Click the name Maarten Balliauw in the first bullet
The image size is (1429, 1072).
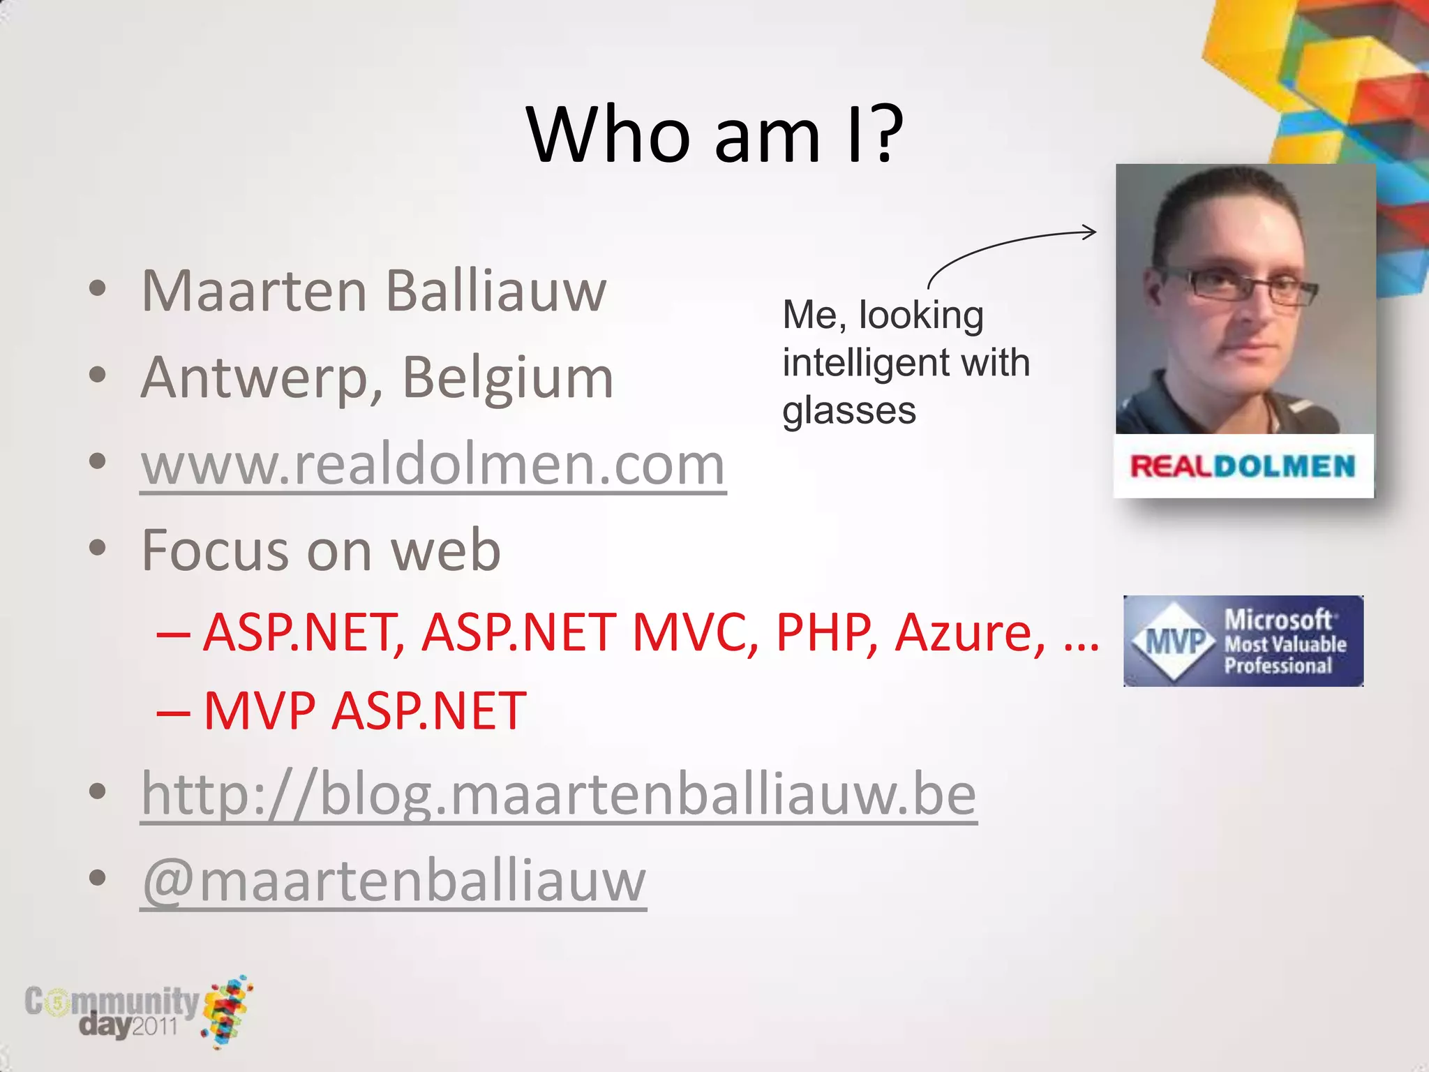click(x=374, y=291)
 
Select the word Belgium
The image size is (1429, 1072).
click(x=507, y=378)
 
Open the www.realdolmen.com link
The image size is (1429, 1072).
click(x=433, y=465)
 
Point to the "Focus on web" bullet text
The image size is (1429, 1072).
click(x=321, y=551)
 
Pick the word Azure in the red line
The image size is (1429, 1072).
click(x=970, y=632)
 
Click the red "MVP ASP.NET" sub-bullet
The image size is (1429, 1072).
click(x=364, y=711)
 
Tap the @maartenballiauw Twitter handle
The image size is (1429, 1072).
click(x=394, y=881)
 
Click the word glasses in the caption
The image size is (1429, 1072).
click(x=848, y=410)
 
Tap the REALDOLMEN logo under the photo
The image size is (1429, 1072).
click(x=1243, y=466)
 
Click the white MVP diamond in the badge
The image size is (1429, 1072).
click(x=1175, y=641)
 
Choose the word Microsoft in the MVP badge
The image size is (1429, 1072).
click(x=1278, y=620)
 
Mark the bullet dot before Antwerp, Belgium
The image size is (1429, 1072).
click(x=98, y=375)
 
